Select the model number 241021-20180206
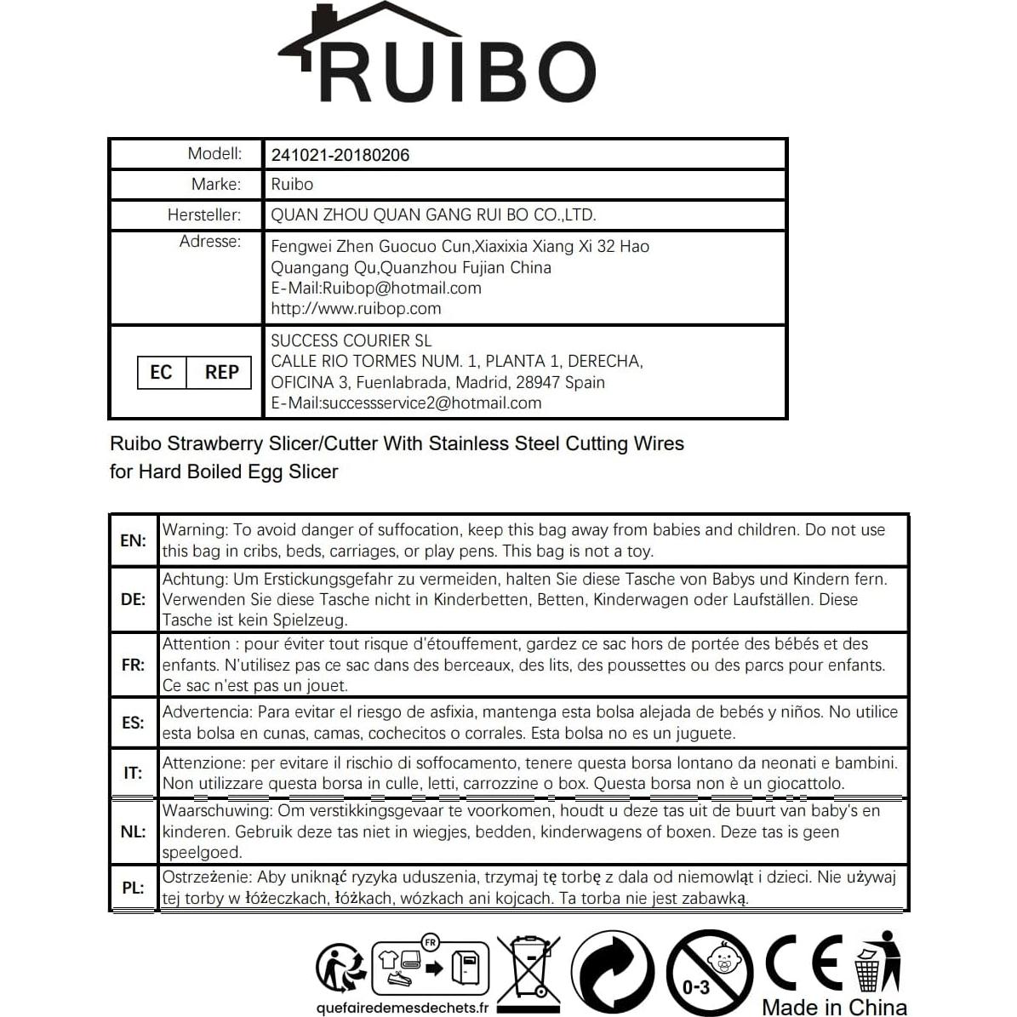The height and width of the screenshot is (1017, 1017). (x=340, y=155)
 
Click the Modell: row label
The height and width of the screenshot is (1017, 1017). (x=214, y=154)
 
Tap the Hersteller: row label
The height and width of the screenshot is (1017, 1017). (x=204, y=215)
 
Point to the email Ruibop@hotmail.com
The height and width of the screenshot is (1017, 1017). (x=402, y=289)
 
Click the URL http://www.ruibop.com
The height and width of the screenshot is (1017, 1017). (x=356, y=309)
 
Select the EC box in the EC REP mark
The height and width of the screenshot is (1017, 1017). (x=161, y=373)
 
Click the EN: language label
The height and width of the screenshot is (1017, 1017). (x=134, y=540)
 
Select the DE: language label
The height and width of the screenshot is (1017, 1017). (x=134, y=599)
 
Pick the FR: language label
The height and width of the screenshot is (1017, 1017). (x=134, y=665)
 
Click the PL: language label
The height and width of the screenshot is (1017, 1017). (x=134, y=888)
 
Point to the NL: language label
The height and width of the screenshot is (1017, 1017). (x=134, y=831)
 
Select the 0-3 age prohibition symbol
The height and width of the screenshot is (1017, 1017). (x=710, y=972)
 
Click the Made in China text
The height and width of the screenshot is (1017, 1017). (x=834, y=1008)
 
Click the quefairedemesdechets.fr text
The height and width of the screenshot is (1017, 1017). (x=402, y=1008)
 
